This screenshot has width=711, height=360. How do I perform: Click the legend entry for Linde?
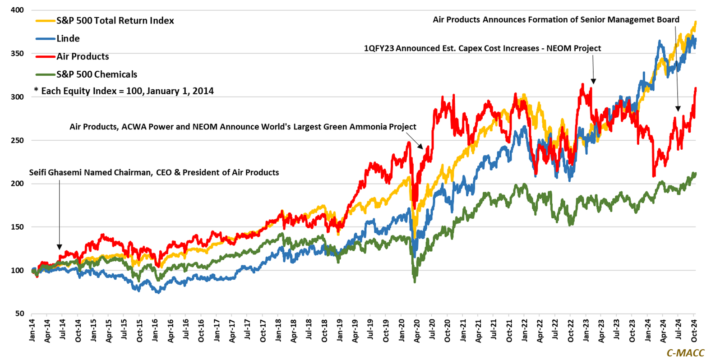[68, 39]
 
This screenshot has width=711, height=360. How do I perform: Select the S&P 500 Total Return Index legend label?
[115, 21]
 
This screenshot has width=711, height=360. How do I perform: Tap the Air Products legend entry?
[83, 57]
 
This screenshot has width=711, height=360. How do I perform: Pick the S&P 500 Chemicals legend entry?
[97, 74]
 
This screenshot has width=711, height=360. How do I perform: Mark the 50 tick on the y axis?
[19, 314]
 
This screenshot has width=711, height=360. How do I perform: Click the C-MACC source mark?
[685, 353]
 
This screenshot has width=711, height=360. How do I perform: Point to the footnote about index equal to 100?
[124, 91]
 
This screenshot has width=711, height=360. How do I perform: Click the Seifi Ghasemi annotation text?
[154, 173]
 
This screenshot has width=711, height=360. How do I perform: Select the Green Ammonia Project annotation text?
[243, 127]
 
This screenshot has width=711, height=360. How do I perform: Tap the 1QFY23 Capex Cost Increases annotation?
[482, 49]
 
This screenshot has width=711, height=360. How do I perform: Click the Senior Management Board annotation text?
[556, 20]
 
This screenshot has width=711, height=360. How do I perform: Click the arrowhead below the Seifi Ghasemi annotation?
[59, 246]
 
